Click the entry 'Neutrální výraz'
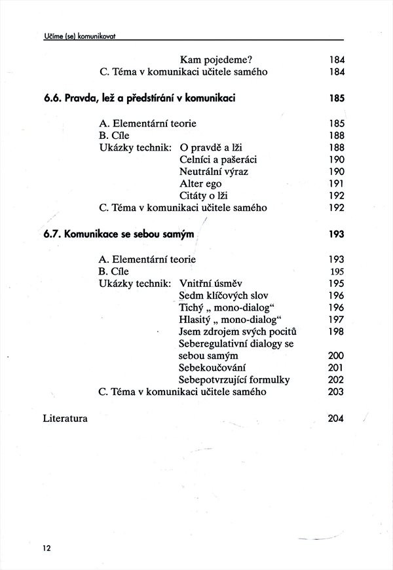214,172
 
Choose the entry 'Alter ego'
200,184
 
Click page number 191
337,184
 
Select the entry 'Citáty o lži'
207,196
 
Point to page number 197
337,319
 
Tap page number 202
337,380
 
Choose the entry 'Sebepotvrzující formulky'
234,380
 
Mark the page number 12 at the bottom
47,548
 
